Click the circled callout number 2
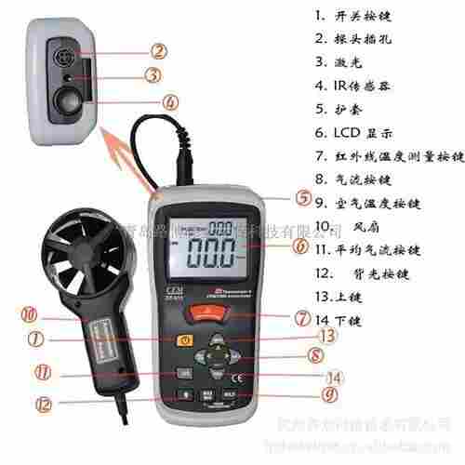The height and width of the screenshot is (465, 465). (159, 52)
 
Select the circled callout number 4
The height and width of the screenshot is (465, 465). (168, 102)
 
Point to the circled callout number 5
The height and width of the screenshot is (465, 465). (303, 198)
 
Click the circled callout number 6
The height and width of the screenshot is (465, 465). (299, 247)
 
